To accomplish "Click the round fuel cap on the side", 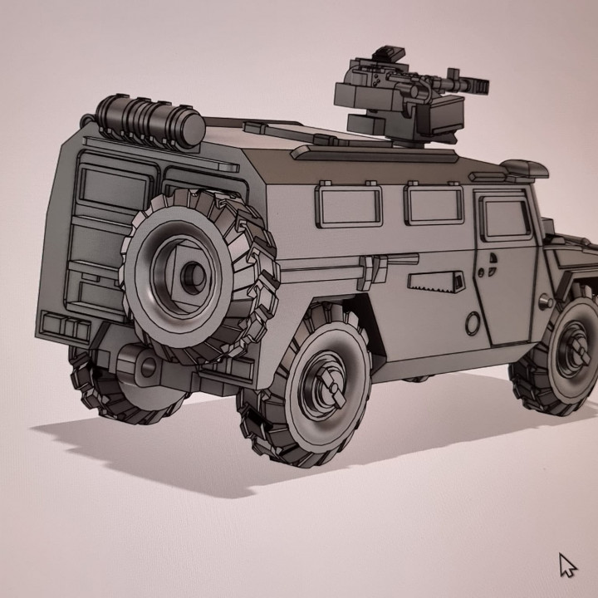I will [473, 322].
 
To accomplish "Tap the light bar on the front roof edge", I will [525, 170].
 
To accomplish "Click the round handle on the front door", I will [491, 267].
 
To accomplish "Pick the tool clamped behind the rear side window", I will [373, 268].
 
